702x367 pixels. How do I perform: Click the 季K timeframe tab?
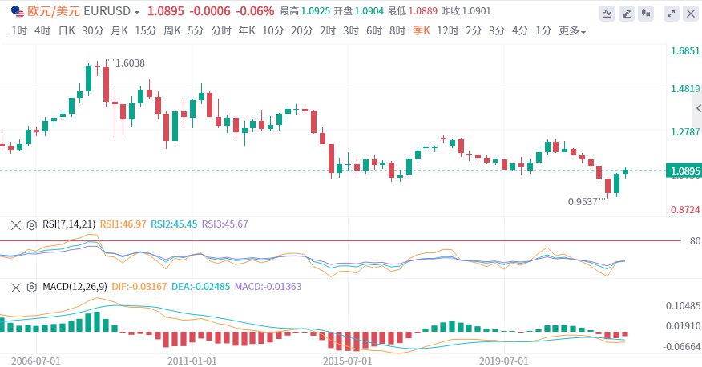(422, 31)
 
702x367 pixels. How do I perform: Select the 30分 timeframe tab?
(92, 31)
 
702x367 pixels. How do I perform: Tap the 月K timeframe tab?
(119, 31)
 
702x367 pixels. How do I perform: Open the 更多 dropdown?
(571, 31)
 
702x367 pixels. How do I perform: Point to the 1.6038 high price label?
(130, 63)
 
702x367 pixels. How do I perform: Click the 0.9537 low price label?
(583, 202)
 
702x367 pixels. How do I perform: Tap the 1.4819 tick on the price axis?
(686, 89)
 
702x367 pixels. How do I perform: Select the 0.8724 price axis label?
(686, 209)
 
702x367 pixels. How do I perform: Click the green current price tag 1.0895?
(684, 171)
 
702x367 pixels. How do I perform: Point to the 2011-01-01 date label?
(192, 361)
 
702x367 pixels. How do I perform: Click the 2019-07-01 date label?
(504, 361)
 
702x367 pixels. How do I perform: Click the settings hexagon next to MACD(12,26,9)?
(32, 286)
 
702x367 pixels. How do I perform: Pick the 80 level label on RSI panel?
(694, 240)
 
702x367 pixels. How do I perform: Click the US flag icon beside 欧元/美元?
(17, 12)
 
